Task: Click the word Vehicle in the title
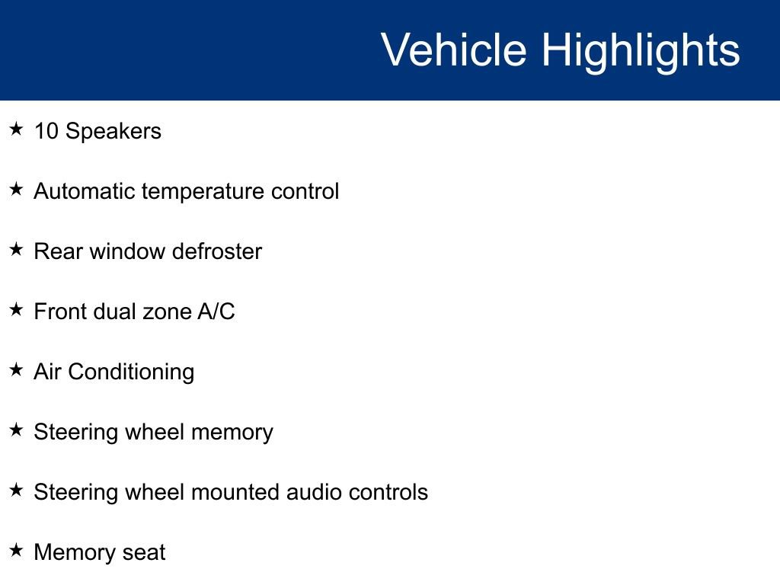453,50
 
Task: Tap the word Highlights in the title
641,50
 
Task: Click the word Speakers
113,131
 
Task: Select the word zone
162,312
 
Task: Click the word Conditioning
131,372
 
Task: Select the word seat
145,552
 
